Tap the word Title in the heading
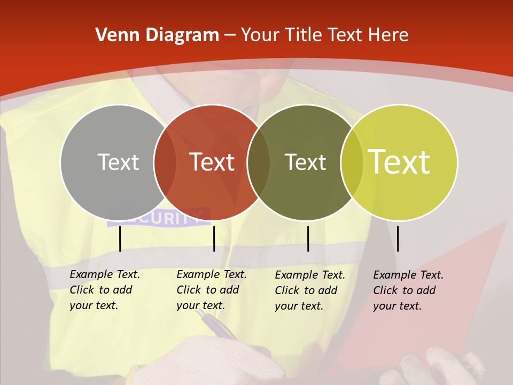click(303, 35)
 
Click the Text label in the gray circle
click(118, 162)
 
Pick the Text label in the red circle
click(212, 162)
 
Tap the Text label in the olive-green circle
click(305, 162)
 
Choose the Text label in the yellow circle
click(399, 162)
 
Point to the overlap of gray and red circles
click(165, 163)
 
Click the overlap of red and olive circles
click(259, 163)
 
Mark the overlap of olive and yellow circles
click(352, 163)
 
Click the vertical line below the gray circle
click(120, 238)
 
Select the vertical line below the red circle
click(214, 238)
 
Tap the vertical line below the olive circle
click(308, 238)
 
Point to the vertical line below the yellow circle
click(398, 238)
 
